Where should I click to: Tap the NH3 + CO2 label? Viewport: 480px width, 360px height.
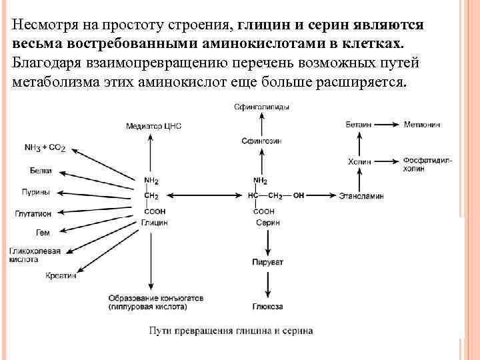[45, 147]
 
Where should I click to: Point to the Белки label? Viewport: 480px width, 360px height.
[41, 171]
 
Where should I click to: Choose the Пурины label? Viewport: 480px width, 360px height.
[36, 192]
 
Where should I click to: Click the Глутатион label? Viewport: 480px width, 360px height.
[33, 214]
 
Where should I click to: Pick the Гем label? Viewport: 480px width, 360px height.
[43, 233]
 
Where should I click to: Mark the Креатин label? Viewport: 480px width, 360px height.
[61, 275]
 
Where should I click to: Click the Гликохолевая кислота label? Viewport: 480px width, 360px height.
[34, 255]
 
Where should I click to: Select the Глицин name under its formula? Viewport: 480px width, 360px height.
[154, 223]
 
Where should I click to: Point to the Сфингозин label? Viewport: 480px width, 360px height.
[261, 141]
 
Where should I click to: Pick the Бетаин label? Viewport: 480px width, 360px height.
[359, 125]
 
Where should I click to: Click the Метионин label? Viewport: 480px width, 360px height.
[422, 125]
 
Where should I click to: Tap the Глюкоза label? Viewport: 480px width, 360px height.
[267, 306]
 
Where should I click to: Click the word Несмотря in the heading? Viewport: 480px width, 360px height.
[41, 25]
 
